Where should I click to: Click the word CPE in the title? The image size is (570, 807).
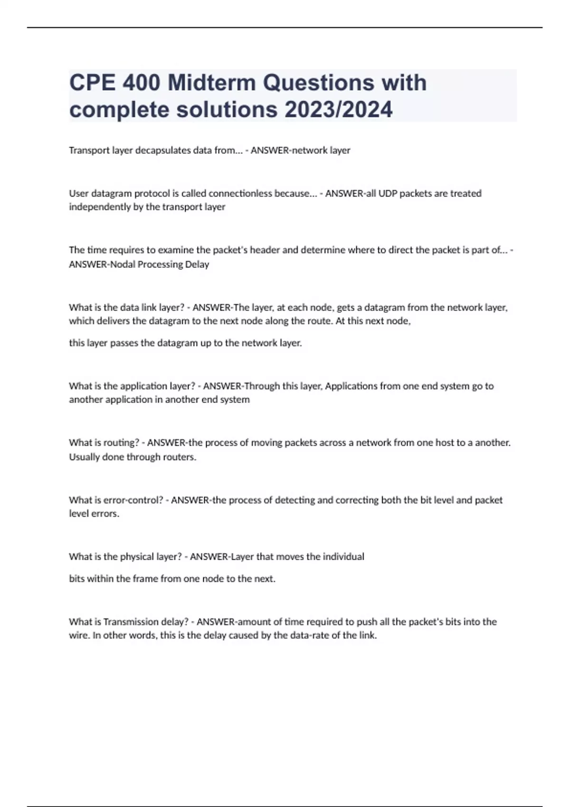click(92, 83)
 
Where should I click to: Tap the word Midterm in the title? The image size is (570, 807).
click(211, 83)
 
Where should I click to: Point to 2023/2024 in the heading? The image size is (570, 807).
click(338, 110)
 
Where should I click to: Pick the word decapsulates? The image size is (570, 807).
click(160, 150)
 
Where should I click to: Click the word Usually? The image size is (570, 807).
click(84, 457)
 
